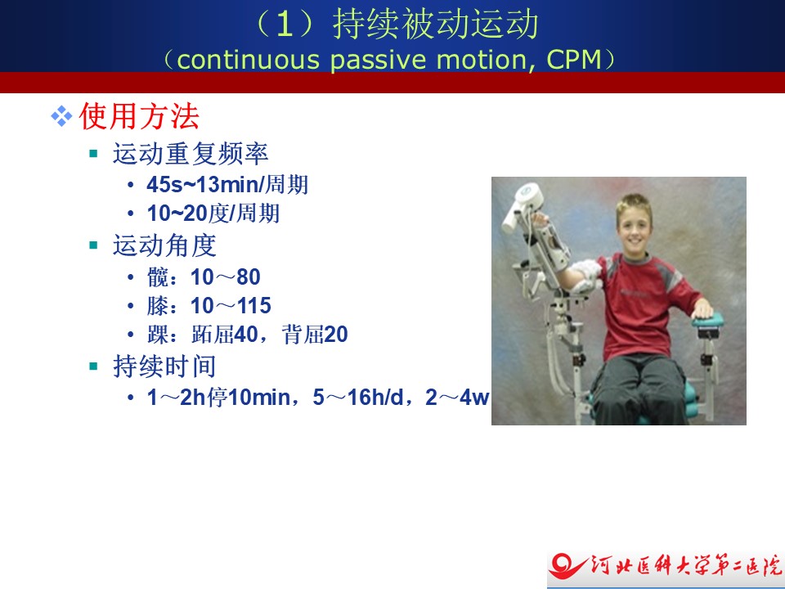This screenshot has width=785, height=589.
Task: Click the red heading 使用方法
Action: (x=139, y=116)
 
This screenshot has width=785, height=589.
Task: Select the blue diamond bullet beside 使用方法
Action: (x=61, y=116)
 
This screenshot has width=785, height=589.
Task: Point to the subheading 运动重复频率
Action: (x=191, y=153)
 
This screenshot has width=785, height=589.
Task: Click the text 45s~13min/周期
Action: (x=227, y=185)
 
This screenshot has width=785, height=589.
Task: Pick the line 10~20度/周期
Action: (x=213, y=214)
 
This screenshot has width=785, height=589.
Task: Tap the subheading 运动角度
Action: (x=164, y=245)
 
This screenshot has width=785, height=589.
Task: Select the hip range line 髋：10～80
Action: (x=204, y=277)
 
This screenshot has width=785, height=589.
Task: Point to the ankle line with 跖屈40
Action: (x=247, y=334)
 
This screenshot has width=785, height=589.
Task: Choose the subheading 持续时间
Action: (x=164, y=366)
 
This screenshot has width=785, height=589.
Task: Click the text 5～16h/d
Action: (x=358, y=398)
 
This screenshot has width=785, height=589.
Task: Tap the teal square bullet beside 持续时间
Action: (x=93, y=366)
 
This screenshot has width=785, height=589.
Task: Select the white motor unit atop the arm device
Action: (x=523, y=205)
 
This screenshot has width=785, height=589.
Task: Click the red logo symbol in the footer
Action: (x=567, y=566)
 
